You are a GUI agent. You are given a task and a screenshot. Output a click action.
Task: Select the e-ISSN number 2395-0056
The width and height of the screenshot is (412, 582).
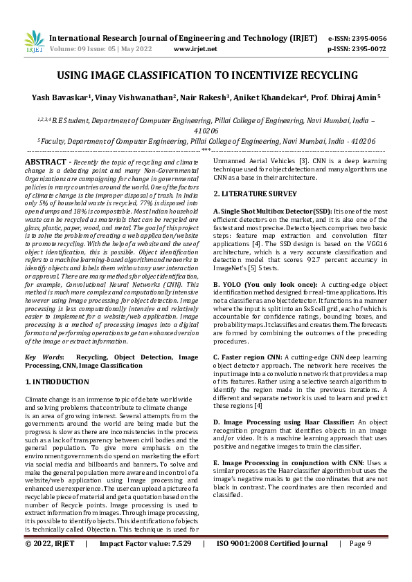368,38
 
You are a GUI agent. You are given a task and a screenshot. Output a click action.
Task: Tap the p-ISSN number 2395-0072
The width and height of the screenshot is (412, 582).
368,49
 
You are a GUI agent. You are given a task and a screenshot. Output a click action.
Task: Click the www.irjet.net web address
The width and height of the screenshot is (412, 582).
195,49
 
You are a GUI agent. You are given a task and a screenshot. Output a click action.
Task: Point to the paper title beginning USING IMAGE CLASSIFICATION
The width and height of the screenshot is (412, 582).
207,75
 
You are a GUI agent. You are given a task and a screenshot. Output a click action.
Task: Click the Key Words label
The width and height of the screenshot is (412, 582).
45,357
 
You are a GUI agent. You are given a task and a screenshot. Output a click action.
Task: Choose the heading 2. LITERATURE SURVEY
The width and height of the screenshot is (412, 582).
255,194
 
